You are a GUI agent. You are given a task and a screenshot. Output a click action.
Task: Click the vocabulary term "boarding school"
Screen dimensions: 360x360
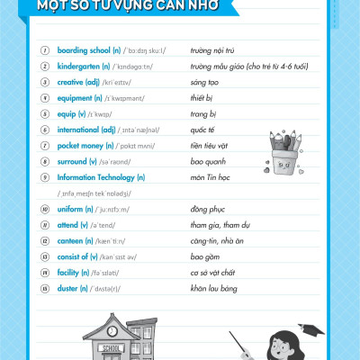pos(82,50)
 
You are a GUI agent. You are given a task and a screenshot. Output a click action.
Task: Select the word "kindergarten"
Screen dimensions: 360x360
pos(79,67)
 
